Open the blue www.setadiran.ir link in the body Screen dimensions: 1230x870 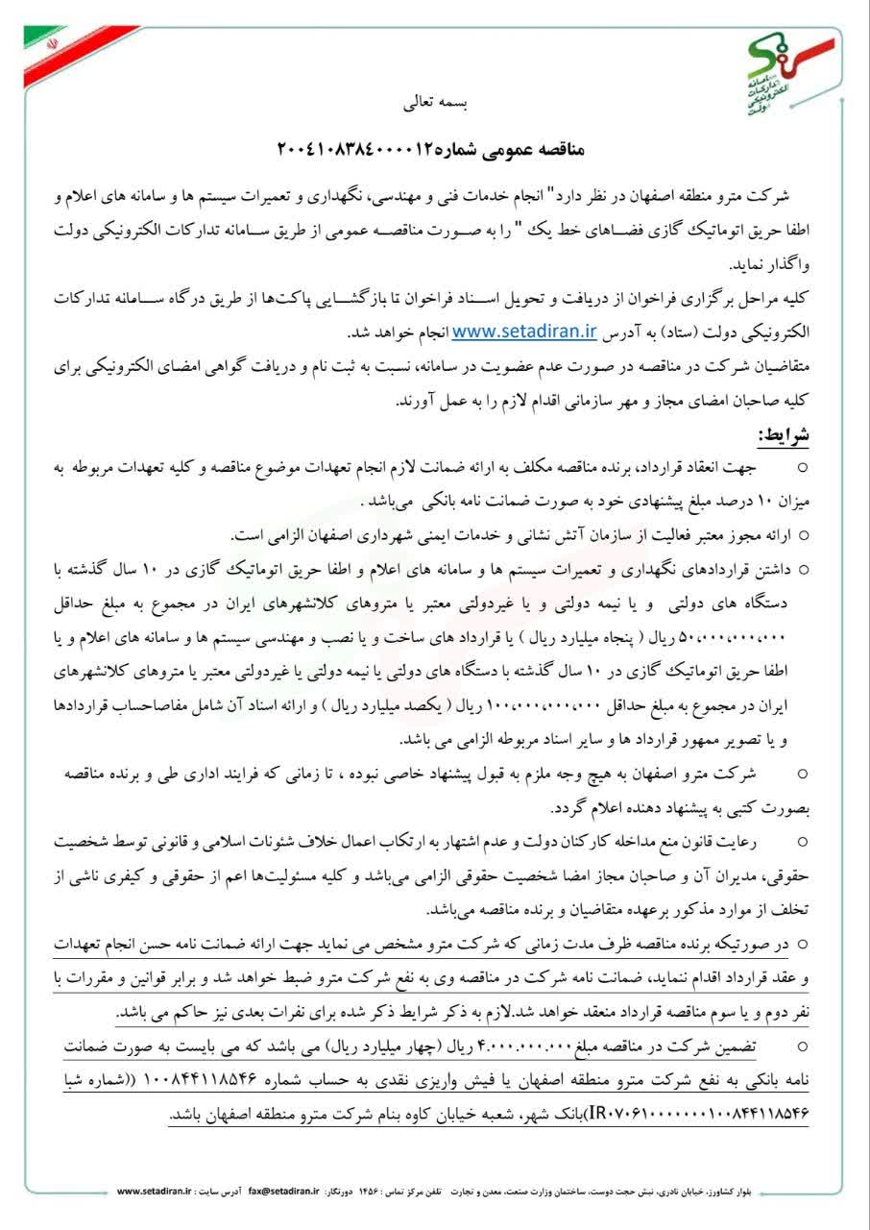(524, 332)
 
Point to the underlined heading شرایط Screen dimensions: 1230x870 (785, 434)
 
